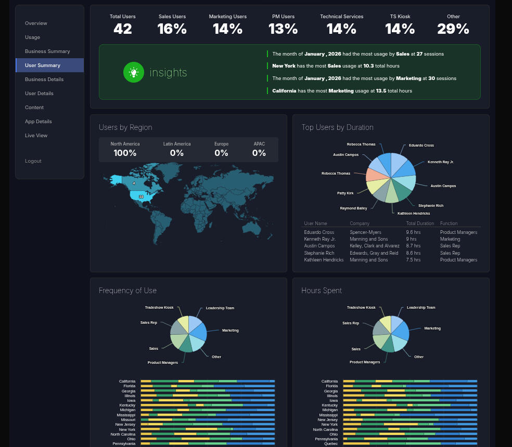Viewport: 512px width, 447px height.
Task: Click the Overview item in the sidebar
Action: coord(36,23)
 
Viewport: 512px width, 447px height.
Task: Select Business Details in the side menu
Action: coord(44,80)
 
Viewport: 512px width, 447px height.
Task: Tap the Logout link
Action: coord(33,161)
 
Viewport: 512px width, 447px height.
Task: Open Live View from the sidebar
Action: coord(36,136)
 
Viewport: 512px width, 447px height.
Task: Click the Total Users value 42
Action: coord(123,29)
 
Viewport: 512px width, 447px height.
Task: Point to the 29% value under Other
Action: coord(453,29)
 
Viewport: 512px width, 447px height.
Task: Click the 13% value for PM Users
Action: coord(283,29)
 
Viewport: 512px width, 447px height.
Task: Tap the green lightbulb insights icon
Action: coord(134,72)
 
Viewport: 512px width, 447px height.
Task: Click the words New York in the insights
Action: coord(284,66)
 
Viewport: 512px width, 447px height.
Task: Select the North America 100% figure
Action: coord(125,153)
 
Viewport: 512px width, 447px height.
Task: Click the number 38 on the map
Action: coord(141,197)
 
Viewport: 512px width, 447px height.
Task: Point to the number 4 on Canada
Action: coord(134,183)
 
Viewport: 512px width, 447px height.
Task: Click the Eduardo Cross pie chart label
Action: coord(421,145)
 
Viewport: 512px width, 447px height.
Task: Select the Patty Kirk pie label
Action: coord(345,193)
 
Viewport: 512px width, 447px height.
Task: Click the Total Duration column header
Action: coord(420,223)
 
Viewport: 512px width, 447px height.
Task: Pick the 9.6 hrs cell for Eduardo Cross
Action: coord(413,232)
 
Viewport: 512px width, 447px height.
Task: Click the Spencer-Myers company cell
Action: coord(365,232)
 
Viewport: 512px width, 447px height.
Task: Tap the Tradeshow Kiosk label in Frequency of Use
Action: coord(159,307)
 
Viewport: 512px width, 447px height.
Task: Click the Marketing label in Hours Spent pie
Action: coord(432,328)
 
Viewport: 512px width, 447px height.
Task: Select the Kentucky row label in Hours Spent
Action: coord(329,405)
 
